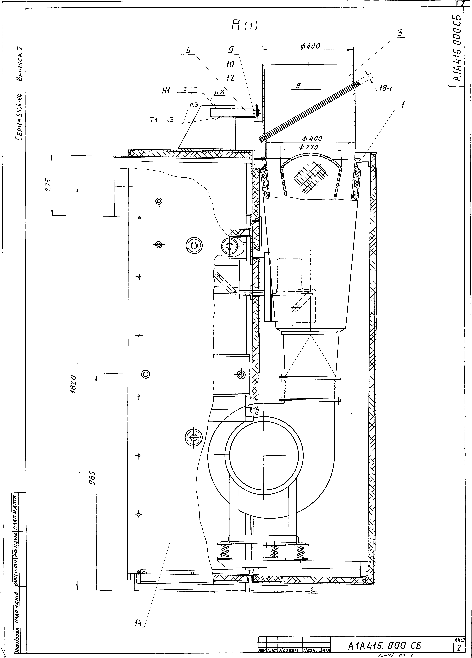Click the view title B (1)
(244, 26)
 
